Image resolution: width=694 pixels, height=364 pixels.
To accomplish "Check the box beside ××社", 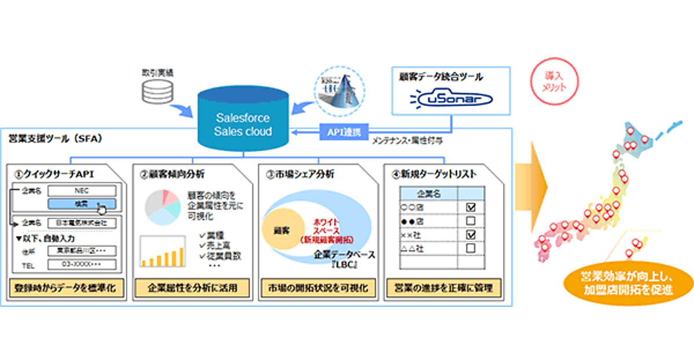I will (470, 235).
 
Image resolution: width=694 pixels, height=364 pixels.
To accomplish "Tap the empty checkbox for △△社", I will (470, 248).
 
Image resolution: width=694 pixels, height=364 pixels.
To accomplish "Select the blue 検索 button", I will (82, 203).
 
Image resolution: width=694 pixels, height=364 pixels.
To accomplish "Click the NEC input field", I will (82, 190).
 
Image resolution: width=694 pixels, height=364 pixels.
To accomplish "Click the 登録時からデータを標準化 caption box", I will (67, 288).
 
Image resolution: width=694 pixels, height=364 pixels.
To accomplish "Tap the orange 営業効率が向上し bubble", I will (626, 283).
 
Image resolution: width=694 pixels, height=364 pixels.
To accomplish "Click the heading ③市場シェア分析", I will (301, 173).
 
